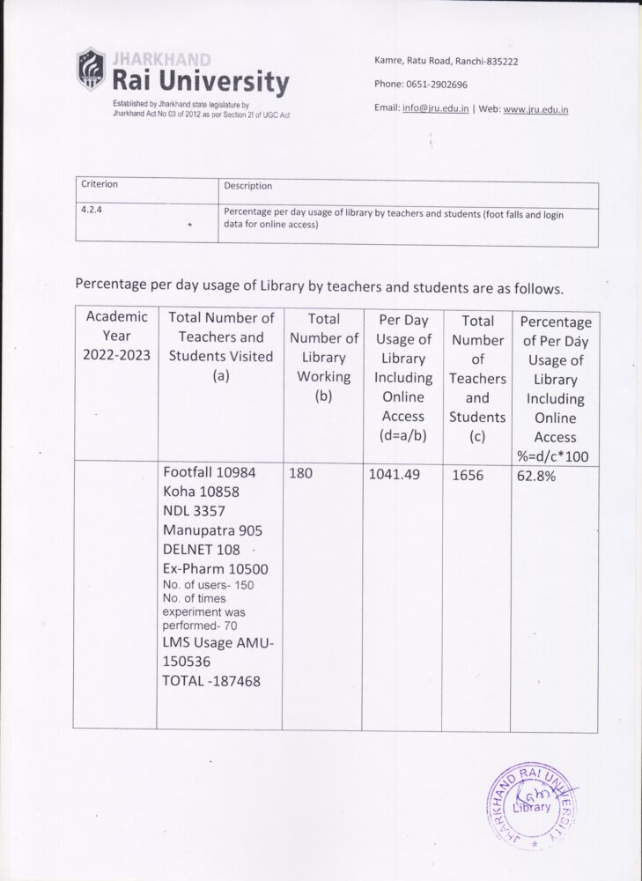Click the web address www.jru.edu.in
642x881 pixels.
point(535,109)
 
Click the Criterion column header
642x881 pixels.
point(100,185)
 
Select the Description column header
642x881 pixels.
point(247,186)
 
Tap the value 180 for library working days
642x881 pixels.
point(301,473)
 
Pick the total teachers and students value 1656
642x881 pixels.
point(469,475)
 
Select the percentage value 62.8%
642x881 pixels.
point(535,475)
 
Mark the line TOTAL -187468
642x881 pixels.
point(211,681)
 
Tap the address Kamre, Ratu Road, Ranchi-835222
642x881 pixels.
point(446,61)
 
